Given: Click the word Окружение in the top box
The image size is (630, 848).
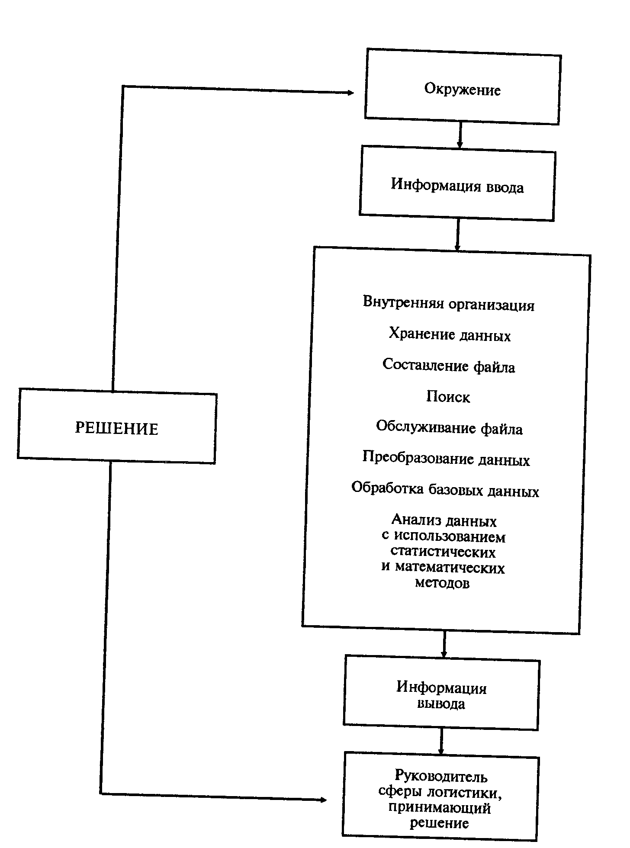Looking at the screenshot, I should point(462,90).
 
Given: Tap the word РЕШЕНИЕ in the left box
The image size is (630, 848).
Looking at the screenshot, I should point(117,428).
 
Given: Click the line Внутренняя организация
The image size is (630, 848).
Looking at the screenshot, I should point(449,304).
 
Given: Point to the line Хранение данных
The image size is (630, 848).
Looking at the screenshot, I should point(450,335).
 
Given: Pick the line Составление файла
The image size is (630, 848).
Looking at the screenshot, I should point(449,366).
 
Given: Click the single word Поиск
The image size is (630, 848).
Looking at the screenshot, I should point(448,397).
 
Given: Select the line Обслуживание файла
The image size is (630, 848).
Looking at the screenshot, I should point(449,428).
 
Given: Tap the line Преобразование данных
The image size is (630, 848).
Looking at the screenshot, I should point(446,459).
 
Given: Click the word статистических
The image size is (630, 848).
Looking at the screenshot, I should point(443,552).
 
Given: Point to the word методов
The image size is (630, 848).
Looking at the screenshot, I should point(442,583).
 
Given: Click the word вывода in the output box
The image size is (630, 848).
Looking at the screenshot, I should point(441,704).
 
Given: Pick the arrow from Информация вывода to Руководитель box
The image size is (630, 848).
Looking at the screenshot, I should point(441,742).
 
